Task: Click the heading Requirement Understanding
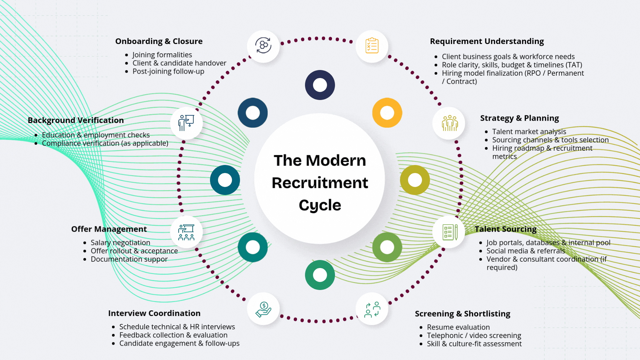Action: click(487, 41)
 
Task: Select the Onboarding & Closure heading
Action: click(159, 41)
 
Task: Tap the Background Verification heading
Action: click(76, 120)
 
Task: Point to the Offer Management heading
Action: click(109, 229)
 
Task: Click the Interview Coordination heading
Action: click(154, 313)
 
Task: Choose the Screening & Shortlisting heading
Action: click(462, 314)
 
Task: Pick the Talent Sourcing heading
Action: click(505, 229)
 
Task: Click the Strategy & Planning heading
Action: click(519, 118)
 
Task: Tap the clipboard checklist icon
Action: click(372, 46)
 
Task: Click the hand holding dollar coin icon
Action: click(263, 309)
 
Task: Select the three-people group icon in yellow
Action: click(450, 123)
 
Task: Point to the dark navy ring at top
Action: click(320, 85)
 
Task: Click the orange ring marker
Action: click(387, 113)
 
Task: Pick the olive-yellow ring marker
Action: click(415, 180)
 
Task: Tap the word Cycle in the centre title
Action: click(320, 205)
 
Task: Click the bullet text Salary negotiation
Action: click(120, 243)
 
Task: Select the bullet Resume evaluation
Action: click(458, 327)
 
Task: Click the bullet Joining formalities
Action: click(162, 55)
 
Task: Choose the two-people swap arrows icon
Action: click(372, 309)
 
